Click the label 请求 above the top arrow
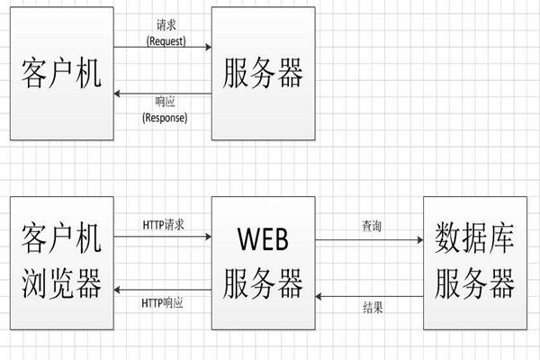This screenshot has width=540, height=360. tap(165, 28)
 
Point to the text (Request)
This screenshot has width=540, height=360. tap(165, 40)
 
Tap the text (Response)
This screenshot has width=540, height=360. tap(164, 117)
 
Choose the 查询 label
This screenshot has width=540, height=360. tap(371, 228)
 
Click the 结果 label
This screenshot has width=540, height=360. tap(371, 307)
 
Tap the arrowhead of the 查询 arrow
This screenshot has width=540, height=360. tap(418, 240)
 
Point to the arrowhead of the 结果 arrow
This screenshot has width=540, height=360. tap(317, 295)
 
